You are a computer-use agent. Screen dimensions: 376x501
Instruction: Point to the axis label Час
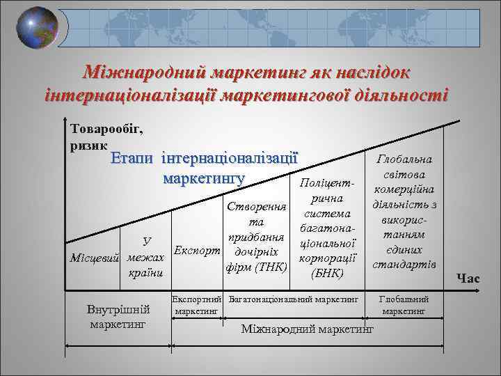tap(468, 279)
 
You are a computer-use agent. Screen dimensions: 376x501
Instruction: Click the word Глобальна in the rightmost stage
tap(404, 159)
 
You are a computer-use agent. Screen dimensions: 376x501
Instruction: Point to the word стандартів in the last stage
tap(404, 265)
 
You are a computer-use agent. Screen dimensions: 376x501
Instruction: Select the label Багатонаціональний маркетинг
tap(293, 298)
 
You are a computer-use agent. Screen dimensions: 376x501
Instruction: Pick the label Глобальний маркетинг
tap(404, 304)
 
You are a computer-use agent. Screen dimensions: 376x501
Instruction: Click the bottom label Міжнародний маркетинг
tap(308, 328)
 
